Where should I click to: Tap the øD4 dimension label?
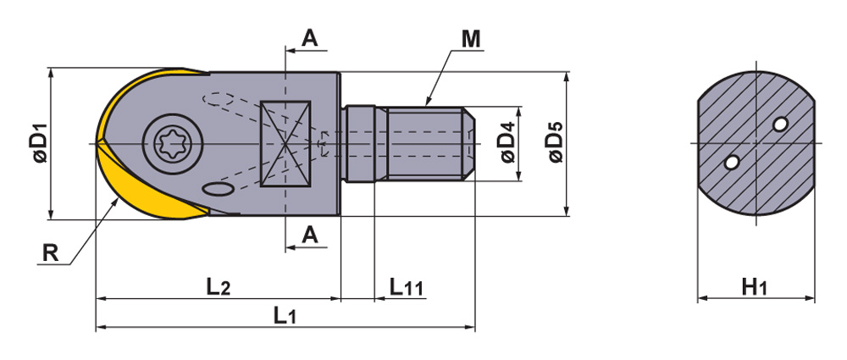click(507, 143)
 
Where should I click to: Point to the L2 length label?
click(218, 286)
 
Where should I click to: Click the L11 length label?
click(407, 286)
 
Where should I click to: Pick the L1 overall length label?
click(285, 316)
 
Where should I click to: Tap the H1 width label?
click(754, 287)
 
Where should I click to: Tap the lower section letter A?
click(310, 235)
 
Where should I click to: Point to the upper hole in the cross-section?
click(780, 125)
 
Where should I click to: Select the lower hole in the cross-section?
click(731, 160)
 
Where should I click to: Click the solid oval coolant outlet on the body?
click(219, 190)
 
